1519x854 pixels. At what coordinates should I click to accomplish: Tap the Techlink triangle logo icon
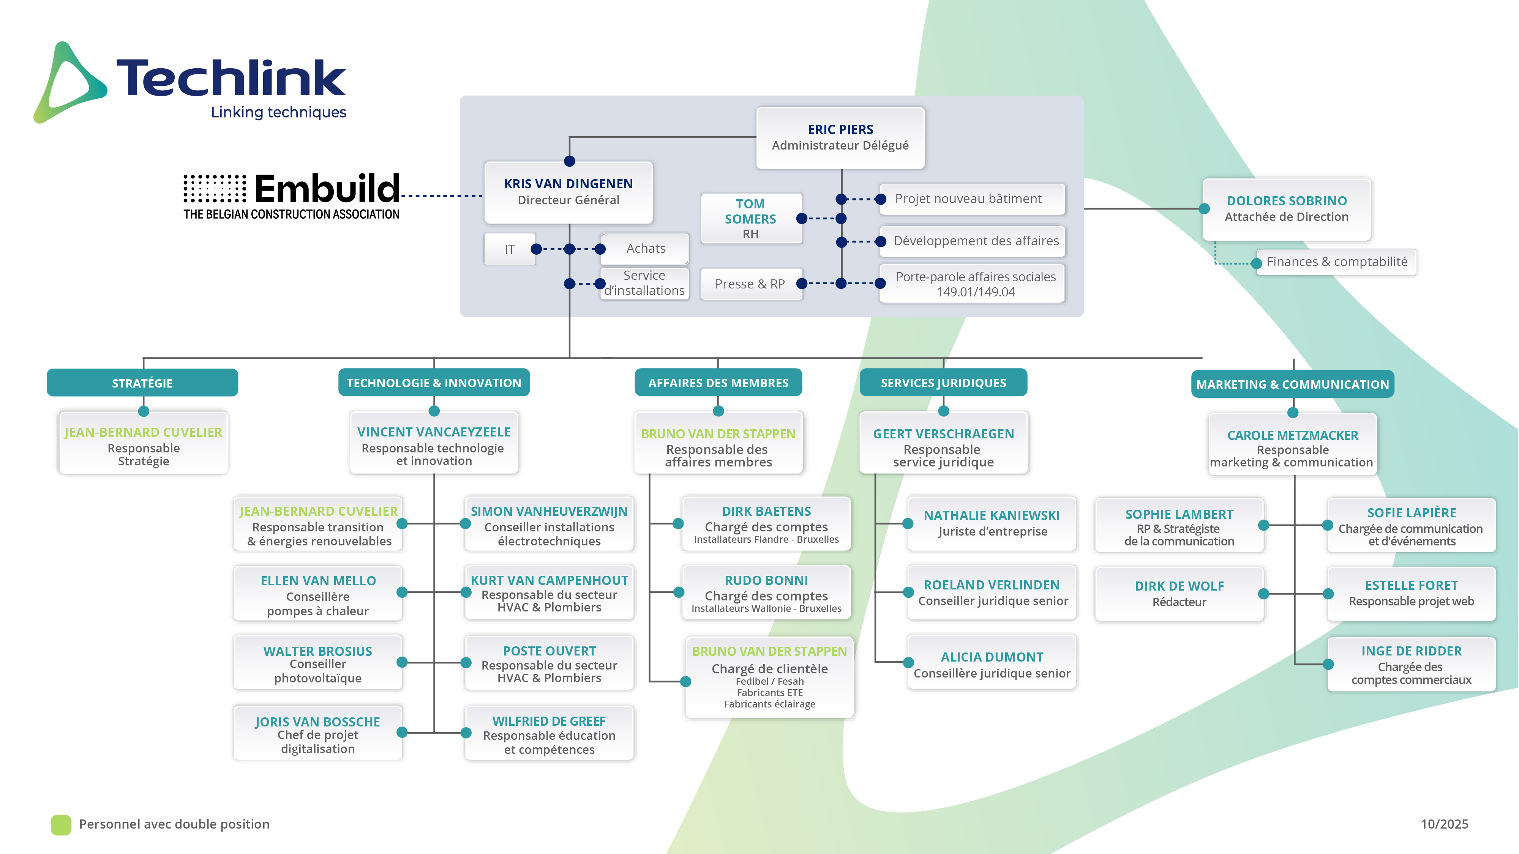(x=69, y=83)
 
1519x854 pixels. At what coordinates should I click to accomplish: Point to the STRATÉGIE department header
(x=142, y=383)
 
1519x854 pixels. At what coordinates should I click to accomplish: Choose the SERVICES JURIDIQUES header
(x=943, y=383)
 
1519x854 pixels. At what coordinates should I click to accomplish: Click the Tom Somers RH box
(x=751, y=219)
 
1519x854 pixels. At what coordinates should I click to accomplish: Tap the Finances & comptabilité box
(x=1336, y=262)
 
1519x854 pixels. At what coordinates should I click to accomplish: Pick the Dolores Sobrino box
(x=1286, y=209)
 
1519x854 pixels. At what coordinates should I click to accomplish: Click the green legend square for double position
(x=61, y=824)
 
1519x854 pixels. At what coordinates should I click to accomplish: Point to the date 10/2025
(x=1444, y=824)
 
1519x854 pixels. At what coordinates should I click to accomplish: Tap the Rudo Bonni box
(x=766, y=593)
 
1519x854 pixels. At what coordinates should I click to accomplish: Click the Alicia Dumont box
(x=992, y=662)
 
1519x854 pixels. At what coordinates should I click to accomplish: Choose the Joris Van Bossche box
(x=318, y=734)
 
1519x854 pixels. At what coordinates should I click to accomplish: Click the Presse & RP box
(x=750, y=284)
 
